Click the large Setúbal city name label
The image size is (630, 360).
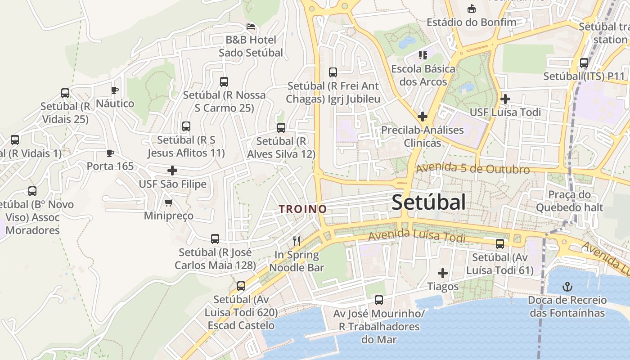coord(428,202)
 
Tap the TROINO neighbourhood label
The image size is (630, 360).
coord(302,209)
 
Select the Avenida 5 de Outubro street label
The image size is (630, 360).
coord(472,169)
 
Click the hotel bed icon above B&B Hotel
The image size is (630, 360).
coord(251,26)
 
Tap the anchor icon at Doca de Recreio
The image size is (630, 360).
coord(567,286)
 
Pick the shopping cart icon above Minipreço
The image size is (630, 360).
coord(169,202)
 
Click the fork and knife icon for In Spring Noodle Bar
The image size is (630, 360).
coord(297,241)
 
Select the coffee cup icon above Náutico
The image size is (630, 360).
coord(115,90)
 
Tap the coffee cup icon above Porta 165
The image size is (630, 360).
coord(110,153)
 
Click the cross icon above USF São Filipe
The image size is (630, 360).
coord(172,171)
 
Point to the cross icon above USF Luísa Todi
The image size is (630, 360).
coord(505,99)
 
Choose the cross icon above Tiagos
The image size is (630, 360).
coord(443,273)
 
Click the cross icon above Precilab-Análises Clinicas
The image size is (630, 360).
coord(422,117)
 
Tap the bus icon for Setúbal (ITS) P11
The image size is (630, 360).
coord(584,63)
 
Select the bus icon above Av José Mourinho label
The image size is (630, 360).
coord(379,300)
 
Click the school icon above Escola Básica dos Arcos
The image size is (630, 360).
coord(423,55)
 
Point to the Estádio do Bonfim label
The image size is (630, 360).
coord(471,22)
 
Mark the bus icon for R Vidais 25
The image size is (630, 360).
coord(65,93)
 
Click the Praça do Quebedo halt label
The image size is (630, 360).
coord(569,201)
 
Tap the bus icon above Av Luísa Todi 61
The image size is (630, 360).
coord(500,244)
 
